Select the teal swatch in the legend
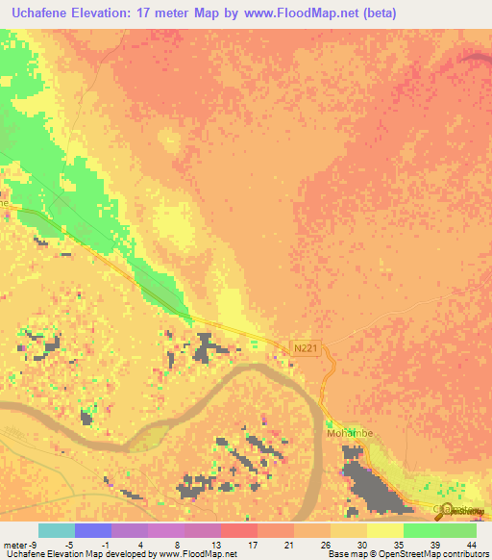[56, 530]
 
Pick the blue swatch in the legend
[92, 530]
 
